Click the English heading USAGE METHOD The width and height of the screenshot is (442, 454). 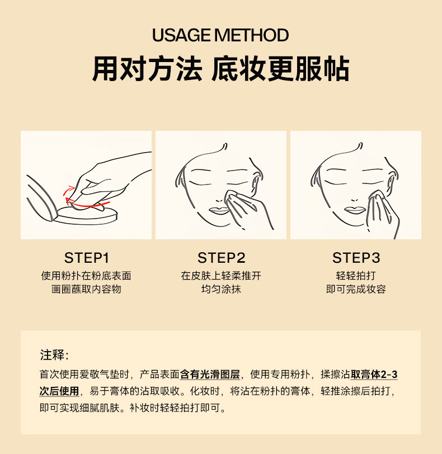click(x=220, y=35)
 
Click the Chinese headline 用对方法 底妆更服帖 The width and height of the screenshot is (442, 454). click(x=220, y=69)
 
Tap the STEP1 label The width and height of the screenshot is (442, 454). click(x=86, y=258)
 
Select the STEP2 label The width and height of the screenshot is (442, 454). click(x=222, y=258)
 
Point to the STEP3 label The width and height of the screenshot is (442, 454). click(x=356, y=258)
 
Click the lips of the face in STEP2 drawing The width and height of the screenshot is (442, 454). click(x=219, y=210)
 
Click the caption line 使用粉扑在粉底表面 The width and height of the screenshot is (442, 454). click(x=86, y=276)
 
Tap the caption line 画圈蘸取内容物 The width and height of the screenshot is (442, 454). click(x=86, y=289)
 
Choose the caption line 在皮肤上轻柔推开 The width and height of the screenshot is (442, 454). click(x=221, y=276)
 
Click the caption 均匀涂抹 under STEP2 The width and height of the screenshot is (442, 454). click(x=222, y=289)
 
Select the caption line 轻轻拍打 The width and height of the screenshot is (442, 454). click(x=356, y=276)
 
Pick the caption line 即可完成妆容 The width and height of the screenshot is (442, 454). click(x=356, y=289)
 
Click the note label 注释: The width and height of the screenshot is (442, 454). click(x=54, y=355)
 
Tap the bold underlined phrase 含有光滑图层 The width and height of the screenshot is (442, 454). click(x=210, y=375)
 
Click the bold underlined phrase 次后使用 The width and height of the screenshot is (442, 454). click(x=59, y=391)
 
